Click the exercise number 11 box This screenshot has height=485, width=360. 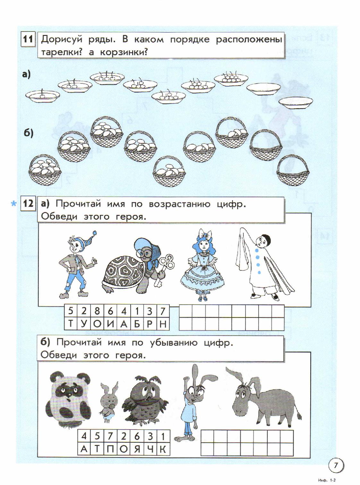[28, 39]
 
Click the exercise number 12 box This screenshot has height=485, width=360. [28, 204]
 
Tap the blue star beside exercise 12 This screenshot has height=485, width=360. [13, 204]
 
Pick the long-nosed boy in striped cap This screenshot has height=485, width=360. [77, 265]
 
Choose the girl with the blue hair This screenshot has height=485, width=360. [202, 265]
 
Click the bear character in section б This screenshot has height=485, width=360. [68, 402]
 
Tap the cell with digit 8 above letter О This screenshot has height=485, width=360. [97, 311]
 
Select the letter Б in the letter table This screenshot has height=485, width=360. [137, 324]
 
